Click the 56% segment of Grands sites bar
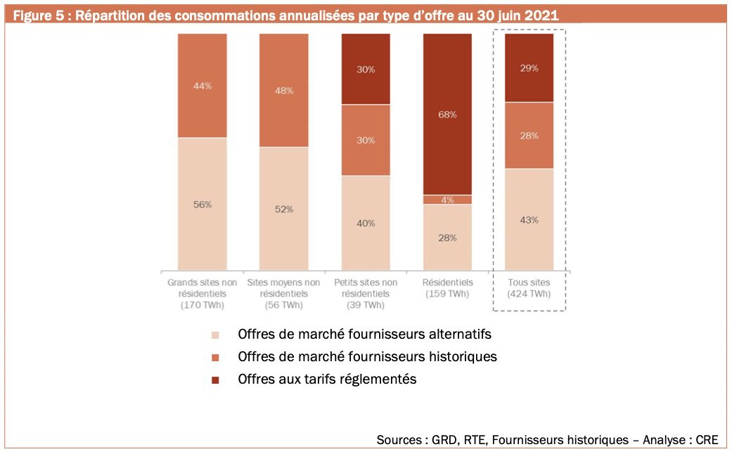[x=202, y=204]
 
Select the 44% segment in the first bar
[x=202, y=86]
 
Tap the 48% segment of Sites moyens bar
[x=283, y=90]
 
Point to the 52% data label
[x=283, y=209]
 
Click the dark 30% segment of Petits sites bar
[x=365, y=69]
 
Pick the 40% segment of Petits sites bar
[x=365, y=223]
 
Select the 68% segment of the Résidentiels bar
[x=447, y=114]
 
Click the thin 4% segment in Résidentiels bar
[x=447, y=200]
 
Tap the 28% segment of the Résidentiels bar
[x=447, y=238]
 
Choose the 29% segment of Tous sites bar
[x=529, y=68]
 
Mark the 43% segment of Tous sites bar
[x=529, y=219]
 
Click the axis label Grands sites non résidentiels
[x=202, y=293]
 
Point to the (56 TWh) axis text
[x=283, y=305]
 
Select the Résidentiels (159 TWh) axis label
[x=447, y=288]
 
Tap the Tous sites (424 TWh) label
[x=529, y=288]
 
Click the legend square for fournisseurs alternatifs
[x=215, y=334]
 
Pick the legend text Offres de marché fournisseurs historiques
[x=367, y=356]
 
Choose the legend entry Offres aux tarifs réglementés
[x=327, y=379]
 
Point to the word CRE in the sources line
[x=706, y=440]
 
